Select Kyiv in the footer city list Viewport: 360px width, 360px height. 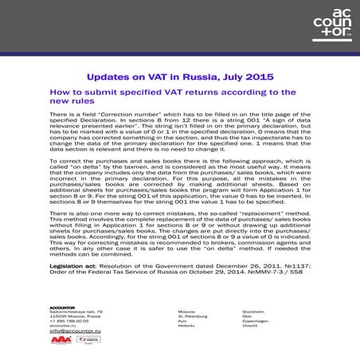click(183, 320)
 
